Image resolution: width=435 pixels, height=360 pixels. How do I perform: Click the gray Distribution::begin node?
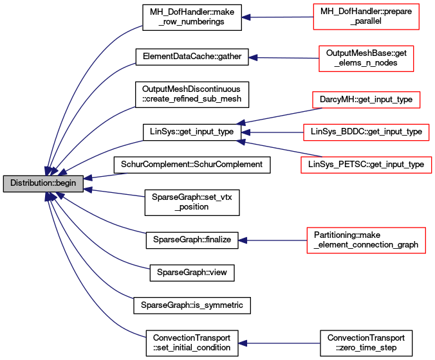click(43, 183)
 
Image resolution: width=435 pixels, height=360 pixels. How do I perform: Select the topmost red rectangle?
click(366, 17)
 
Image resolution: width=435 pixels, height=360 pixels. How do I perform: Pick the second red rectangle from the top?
click(366, 59)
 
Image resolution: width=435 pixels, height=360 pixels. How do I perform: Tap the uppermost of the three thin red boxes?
click(366, 100)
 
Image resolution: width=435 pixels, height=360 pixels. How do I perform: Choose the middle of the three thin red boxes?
click(366, 132)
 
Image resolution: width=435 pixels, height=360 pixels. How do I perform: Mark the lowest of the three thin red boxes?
click(366, 165)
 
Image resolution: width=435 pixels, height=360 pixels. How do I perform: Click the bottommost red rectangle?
click(366, 240)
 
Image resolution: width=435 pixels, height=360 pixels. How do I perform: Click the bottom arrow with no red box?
click(280, 343)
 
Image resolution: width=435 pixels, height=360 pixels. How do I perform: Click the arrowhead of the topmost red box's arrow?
click(245, 17)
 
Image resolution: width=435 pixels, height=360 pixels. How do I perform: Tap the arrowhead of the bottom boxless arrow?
click(243, 343)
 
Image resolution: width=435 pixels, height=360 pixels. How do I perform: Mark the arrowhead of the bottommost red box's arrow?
click(243, 240)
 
